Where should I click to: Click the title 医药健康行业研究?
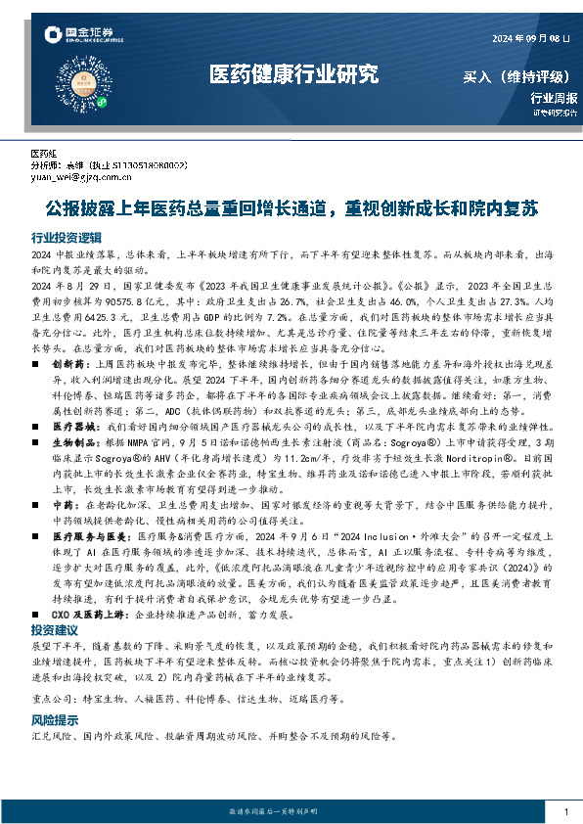pyautogui.click(x=292, y=73)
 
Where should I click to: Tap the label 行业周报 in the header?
pyautogui.click(x=554, y=97)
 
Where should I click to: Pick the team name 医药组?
pyautogui.click(x=45, y=155)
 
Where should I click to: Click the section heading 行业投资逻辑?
pyautogui.click(x=66, y=238)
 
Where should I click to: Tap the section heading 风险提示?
pyautogui.click(x=54, y=691)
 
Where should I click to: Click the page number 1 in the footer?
pyautogui.click(x=566, y=812)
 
